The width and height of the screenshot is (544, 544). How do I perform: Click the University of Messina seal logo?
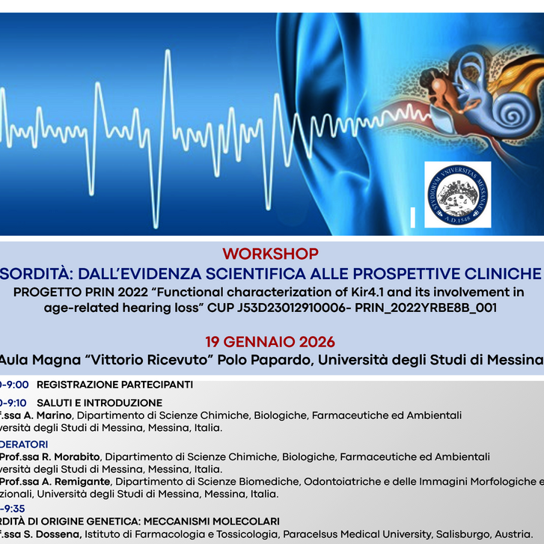point(457,194)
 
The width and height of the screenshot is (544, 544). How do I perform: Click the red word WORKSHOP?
point(270,254)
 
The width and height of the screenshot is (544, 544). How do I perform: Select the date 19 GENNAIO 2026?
point(270,342)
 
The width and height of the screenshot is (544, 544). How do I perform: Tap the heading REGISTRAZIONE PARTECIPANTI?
point(114,385)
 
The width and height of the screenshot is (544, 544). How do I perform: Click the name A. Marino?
point(50,415)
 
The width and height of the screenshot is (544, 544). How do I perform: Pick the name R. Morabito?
point(73,456)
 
